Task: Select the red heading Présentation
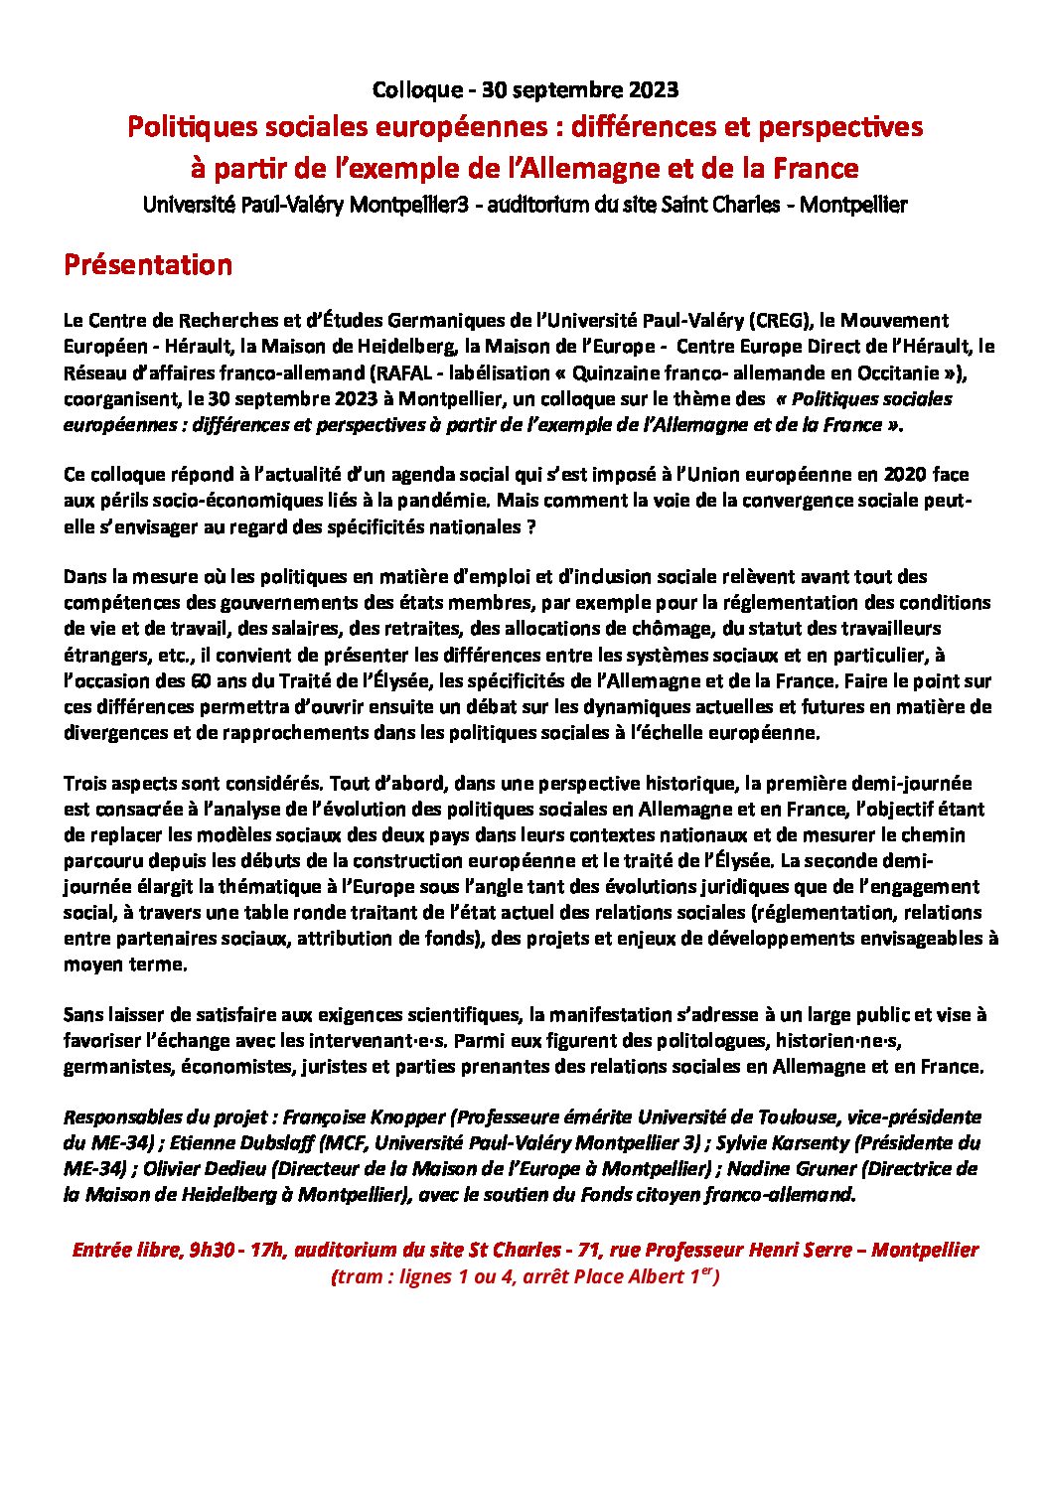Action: click(148, 265)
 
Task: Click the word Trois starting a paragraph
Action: click(86, 784)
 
